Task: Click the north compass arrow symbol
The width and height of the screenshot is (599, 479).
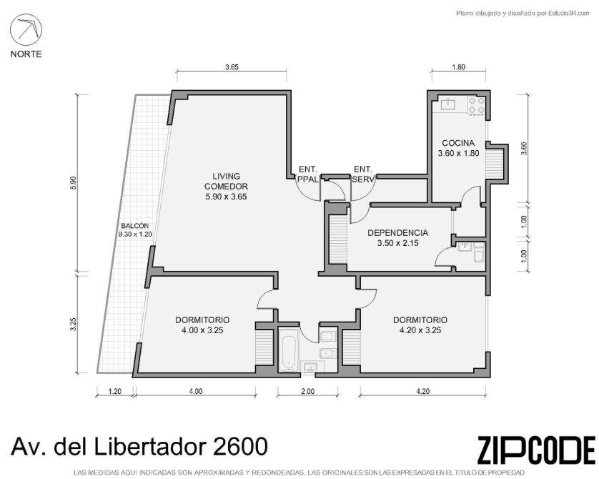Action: [x=26, y=29]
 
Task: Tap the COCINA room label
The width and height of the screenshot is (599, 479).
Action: [x=458, y=143]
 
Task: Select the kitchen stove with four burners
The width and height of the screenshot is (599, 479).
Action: [x=477, y=105]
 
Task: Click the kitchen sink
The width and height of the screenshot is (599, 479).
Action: [x=447, y=104]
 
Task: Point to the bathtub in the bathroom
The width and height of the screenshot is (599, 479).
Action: [x=287, y=351]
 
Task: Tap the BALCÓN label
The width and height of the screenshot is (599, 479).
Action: [x=135, y=226]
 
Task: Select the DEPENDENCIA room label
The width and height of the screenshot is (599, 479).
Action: [x=397, y=232]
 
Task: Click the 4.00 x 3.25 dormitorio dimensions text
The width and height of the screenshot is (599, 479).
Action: [x=202, y=330]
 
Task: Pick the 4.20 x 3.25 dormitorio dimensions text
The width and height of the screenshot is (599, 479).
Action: [x=420, y=330]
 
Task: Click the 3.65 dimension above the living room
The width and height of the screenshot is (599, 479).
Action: [x=232, y=67]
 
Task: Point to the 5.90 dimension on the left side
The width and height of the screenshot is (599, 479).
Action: [x=74, y=182]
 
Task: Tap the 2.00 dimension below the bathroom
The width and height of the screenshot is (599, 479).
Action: [x=307, y=391]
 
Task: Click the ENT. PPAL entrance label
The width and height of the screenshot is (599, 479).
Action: [x=308, y=174]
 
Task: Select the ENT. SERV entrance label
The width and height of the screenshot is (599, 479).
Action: [x=363, y=174]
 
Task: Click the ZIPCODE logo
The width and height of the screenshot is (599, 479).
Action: [x=536, y=450]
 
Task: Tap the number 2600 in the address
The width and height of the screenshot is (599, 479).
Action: [x=239, y=446]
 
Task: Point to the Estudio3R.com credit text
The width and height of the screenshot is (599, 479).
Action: [x=563, y=14]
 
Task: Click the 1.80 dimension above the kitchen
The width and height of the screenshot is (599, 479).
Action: [x=458, y=67]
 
